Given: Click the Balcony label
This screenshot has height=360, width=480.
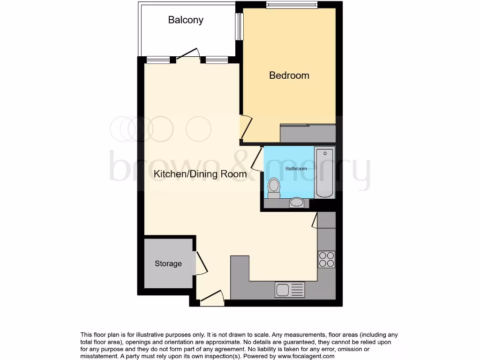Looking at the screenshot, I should click(186, 20).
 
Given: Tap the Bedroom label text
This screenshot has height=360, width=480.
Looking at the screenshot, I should click(289, 75).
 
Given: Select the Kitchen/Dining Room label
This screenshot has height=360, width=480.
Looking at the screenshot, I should click(200, 174).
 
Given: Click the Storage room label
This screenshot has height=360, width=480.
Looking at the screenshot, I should click(168, 263).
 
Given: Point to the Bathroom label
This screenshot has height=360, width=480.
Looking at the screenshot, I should click(296, 169).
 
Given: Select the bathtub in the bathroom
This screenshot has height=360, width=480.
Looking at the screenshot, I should click(324, 173).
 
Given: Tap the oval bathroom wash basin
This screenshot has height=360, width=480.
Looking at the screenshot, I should click(296, 202).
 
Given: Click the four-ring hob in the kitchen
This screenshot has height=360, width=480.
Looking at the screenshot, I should click(327, 259).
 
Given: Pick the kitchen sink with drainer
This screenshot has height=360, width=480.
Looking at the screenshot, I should click(290, 289).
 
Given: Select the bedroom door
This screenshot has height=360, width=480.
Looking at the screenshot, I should click(246, 127).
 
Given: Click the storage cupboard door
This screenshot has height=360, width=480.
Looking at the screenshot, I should click(201, 262).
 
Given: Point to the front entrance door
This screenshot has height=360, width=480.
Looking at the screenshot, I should click(212, 297).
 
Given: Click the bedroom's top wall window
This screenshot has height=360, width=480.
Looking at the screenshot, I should click(292, 5).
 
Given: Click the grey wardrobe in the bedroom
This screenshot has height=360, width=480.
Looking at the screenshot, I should click(308, 133).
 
